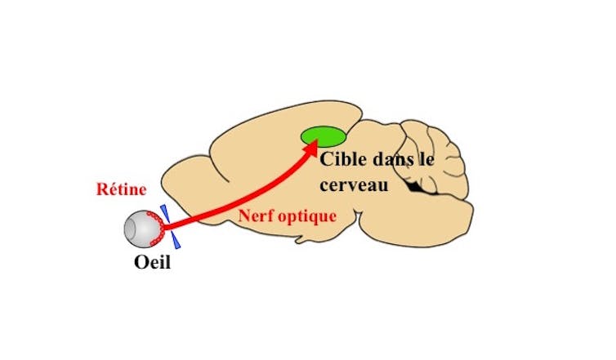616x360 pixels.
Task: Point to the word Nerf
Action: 254,216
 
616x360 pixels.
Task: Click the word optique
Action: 306,217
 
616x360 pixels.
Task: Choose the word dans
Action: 392,162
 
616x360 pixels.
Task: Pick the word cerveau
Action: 351,185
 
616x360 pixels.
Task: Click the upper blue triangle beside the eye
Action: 166,213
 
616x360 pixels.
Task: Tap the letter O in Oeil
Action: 141,263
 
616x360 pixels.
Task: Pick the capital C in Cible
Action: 326,162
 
